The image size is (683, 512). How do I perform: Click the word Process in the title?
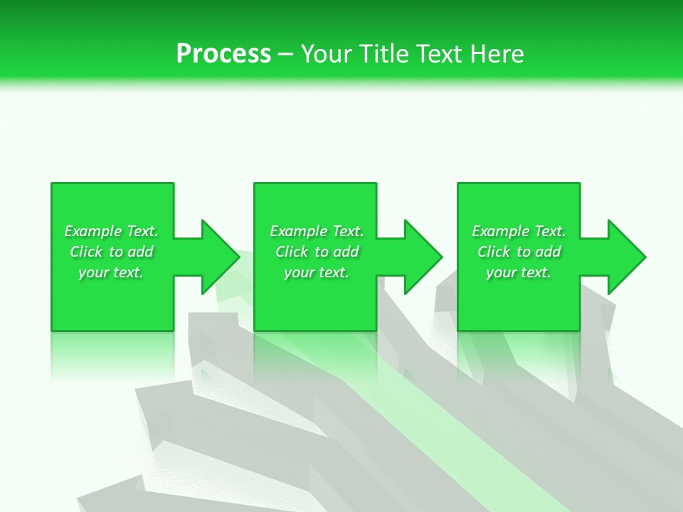point(223,54)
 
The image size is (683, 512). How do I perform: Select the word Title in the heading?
point(381,54)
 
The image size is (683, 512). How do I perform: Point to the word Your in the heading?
point(326,54)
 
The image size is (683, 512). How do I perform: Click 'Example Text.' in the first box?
point(112,231)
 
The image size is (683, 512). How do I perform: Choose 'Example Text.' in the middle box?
point(317,231)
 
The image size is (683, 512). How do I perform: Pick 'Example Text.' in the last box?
point(519,231)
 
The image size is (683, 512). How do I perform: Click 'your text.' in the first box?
point(111,272)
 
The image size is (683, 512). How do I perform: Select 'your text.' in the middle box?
point(317,272)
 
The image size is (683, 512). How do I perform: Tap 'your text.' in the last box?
point(519,272)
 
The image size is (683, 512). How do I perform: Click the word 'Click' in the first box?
point(86,252)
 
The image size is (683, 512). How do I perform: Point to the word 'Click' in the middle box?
point(292,252)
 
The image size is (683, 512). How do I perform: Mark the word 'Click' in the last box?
point(494,252)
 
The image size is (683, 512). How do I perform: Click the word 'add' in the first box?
point(141,252)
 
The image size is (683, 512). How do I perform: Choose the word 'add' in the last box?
point(549,252)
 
